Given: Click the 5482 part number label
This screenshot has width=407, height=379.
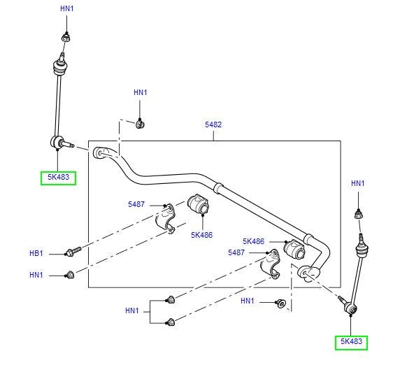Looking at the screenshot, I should pos(213,124).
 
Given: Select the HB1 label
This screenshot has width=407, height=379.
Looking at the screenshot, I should pos(36,252).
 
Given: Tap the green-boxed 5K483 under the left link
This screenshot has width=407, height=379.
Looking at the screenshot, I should pos(57,178).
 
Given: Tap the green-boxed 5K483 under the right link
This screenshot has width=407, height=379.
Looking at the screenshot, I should pos(350,342).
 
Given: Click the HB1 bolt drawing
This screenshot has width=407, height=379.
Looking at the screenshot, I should pos(73,250).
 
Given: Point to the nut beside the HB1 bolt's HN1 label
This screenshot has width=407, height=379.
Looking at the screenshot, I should pos(71,274).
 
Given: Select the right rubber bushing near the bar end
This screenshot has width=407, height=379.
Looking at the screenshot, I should pos(294,247).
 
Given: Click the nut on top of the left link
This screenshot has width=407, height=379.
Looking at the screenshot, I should pos(65,36).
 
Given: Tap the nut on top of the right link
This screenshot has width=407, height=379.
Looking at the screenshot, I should pos(358,214).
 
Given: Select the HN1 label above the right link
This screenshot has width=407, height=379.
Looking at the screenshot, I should pos(357,183).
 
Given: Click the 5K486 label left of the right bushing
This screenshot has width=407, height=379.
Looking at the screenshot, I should pos(253,241).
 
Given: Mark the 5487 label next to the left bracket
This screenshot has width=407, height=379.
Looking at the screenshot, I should pos(136,204).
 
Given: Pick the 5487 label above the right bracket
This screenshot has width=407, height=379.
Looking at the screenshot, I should pos(237,252).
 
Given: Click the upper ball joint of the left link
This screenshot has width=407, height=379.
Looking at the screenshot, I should pos(60,68).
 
